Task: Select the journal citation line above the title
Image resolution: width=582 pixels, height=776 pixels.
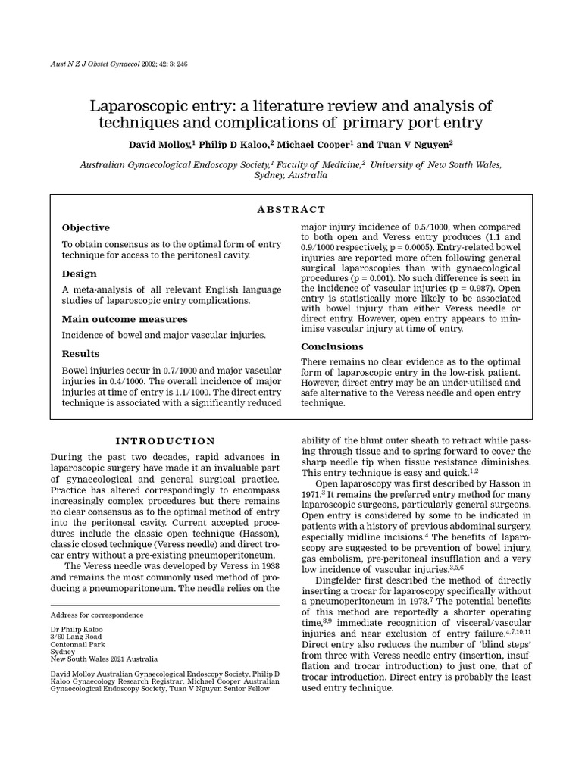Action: point(118,64)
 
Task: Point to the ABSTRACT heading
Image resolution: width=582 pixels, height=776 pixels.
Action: point(291,209)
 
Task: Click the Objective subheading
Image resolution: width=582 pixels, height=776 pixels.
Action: point(85,227)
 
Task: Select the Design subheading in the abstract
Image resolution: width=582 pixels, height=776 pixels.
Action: point(79,274)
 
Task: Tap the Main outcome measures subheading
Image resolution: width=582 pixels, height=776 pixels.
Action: point(114,319)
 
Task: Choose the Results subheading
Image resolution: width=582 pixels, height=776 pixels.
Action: point(80,354)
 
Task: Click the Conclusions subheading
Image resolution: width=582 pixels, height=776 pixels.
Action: point(332,346)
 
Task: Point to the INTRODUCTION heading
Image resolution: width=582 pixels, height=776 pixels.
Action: point(164,441)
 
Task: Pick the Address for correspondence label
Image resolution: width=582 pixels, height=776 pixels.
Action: point(96,615)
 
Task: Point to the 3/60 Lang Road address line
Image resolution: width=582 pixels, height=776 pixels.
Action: point(77,639)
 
